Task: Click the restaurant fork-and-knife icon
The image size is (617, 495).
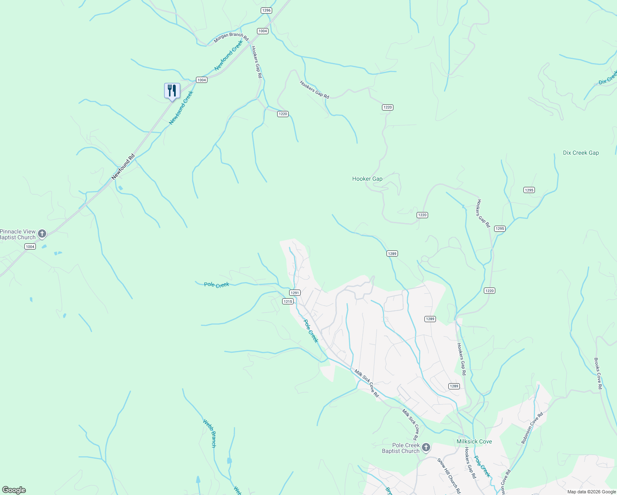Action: click(172, 90)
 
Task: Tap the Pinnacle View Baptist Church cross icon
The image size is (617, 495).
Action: click(42, 234)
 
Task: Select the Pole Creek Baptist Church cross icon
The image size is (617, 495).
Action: click(426, 448)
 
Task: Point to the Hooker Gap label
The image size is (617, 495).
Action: click(367, 179)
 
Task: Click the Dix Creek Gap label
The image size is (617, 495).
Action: click(581, 153)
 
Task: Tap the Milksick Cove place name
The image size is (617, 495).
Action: click(474, 441)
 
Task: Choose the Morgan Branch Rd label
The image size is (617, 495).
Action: click(231, 38)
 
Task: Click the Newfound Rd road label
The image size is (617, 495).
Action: click(123, 167)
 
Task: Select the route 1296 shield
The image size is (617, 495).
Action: click(266, 10)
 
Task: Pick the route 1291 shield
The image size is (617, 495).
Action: click(294, 292)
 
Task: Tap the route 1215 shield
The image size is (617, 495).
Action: click(288, 302)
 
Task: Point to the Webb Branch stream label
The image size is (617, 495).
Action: click(210, 433)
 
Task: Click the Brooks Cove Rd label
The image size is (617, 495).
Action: click(598, 373)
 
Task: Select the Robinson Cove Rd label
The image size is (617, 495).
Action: click(532, 428)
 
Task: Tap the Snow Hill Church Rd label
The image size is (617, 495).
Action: click(449, 476)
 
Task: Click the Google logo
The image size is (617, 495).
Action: click(14, 490)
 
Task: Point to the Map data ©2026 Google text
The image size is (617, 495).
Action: click(591, 492)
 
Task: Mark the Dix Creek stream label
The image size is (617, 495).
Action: click(608, 77)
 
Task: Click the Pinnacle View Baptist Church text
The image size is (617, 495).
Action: click(18, 234)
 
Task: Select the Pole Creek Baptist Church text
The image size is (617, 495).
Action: click(400, 448)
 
